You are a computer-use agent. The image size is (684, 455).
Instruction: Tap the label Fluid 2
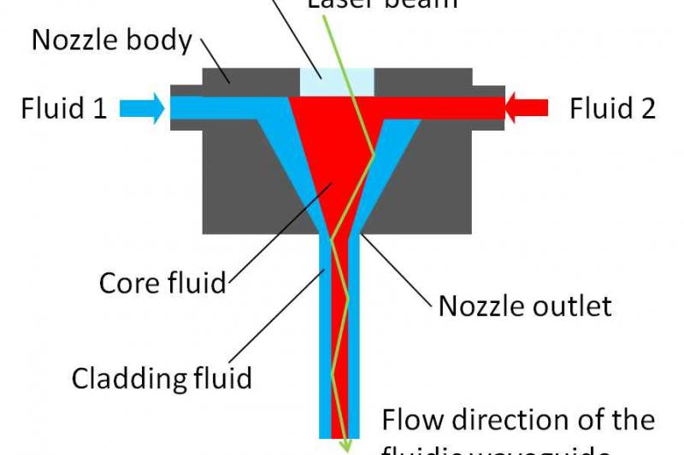pos(612,108)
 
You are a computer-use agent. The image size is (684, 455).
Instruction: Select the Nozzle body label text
pos(111,40)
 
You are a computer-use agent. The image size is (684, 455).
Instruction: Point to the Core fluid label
pos(163,283)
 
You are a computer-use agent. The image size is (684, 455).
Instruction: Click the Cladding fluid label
pos(162,377)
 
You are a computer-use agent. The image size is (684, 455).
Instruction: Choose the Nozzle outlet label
pos(525,305)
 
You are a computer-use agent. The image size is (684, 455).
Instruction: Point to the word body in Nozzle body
pos(162,41)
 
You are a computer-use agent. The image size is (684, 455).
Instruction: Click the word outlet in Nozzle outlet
pos(573,305)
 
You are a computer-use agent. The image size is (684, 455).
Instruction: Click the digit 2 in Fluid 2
pos(647,108)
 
